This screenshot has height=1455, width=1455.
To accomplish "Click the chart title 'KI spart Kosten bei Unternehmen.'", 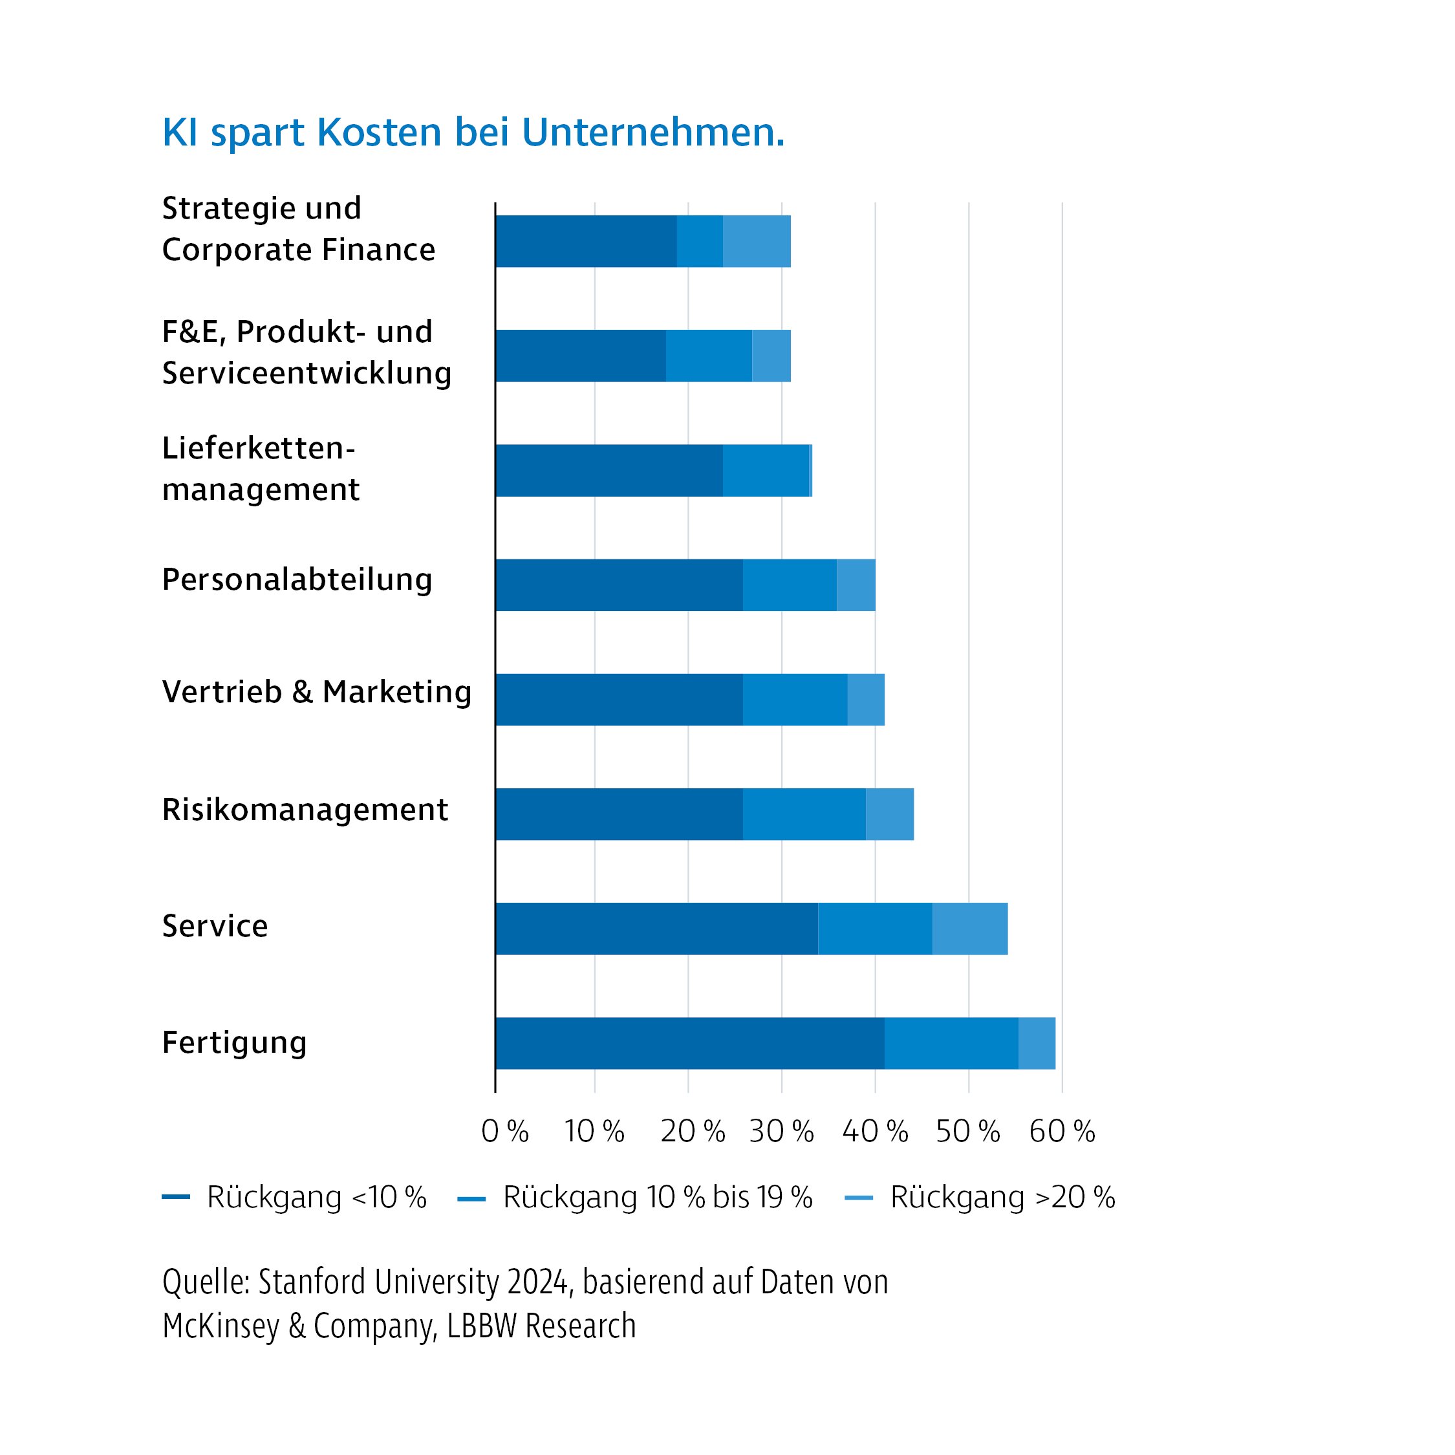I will click(x=473, y=133).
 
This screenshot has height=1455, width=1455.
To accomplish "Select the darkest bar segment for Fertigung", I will click(x=689, y=1043).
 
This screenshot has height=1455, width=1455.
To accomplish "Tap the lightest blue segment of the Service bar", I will click(x=969, y=929).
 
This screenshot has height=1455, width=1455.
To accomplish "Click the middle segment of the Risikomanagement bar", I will click(x=804, y=814).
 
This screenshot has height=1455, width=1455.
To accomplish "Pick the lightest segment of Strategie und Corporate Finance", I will click(x=756, y=241).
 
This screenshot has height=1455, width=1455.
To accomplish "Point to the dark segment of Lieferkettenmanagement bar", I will click(x=609, y=471).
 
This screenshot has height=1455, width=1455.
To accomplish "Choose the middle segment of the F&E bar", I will click(x=709, y=356).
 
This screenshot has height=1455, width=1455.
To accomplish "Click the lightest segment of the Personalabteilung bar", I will click(x=856, y=585).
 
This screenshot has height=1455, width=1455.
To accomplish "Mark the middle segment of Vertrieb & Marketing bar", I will click(x=795, y=700).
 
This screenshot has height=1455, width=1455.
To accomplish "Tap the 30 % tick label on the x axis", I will click(x=781, y=1131).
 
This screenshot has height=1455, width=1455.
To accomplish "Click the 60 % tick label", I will click(x=1061, y=1131).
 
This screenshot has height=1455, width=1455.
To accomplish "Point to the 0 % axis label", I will click(x=504, y=1131).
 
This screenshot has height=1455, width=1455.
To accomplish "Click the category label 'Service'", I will click(x=215, y=926).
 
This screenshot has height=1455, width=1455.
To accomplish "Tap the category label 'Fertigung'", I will click(x=234, y=1043).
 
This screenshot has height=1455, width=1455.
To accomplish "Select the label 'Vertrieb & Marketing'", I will click(x=316, y=692).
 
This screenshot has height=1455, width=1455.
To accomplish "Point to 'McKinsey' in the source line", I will click(x=221, y=1326).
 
